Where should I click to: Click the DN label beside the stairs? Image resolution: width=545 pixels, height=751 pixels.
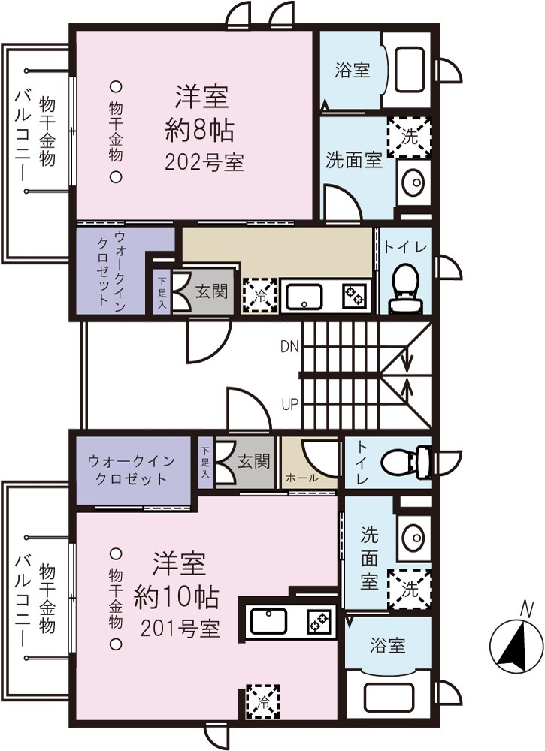289,347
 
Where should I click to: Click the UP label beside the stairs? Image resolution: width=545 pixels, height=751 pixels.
290,404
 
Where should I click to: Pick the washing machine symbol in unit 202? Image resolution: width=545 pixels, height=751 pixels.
410,137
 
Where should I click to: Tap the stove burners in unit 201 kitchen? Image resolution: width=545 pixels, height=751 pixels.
319,621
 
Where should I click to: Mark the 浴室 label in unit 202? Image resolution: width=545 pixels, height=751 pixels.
352,71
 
